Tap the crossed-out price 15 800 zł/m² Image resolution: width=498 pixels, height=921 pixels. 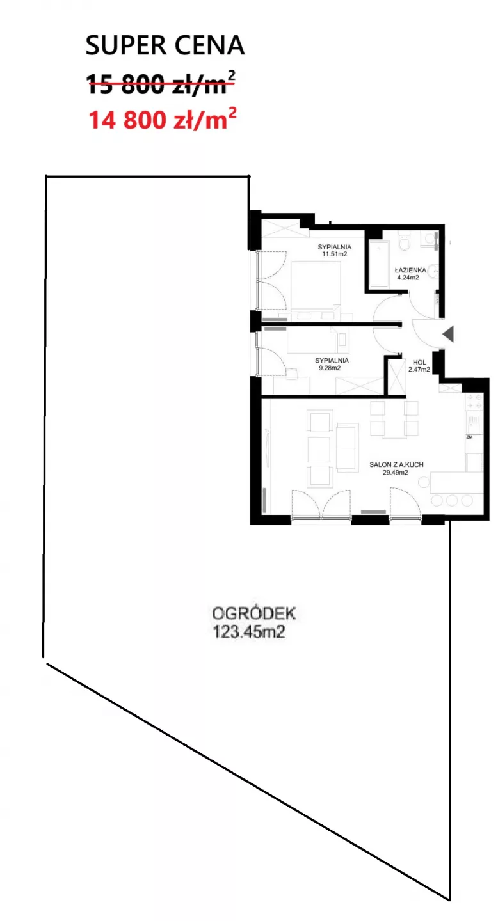(x=161, y=83)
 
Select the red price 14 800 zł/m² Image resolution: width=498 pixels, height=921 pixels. (x=163, y=119)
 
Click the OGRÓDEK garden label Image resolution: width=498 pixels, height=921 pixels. (x=253, y=613)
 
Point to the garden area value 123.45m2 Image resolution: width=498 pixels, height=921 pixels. (x=248, y=631)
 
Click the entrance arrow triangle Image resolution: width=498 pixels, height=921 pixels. (x=448, y=334)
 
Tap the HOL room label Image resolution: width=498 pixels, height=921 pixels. (x=419, y=362)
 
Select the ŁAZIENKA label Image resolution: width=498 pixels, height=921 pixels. (x=410, y=270)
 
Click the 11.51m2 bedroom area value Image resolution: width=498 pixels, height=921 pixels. (x=334, y=254)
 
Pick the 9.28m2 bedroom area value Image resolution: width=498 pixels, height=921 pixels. (x=329, y=368)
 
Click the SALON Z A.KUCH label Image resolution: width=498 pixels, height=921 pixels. (x=396, y=464)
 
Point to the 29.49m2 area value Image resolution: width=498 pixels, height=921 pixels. (x=395, y=473)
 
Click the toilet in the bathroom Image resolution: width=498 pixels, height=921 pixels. (x=403, y=241)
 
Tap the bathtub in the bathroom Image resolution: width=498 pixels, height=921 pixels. (x=379, y=264)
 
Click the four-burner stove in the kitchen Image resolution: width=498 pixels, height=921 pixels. (x=474, y=401)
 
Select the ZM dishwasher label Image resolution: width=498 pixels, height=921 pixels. (x=469, y=437)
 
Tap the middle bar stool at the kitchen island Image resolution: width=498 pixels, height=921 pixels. (x=451, y=500)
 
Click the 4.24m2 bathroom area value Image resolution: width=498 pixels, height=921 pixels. (x=408, y=278)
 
